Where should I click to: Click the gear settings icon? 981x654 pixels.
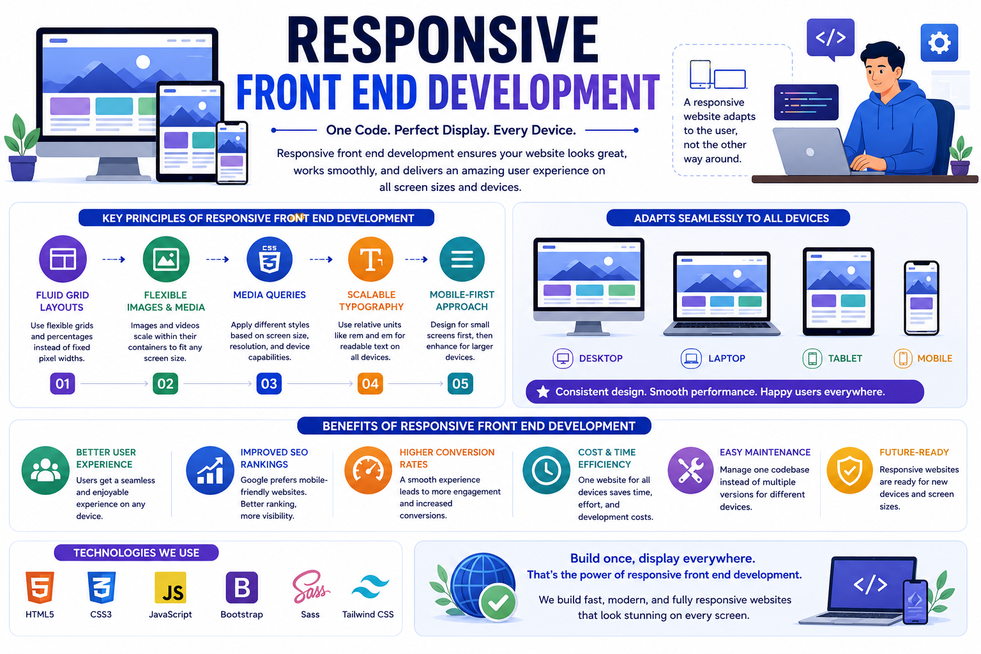(939, 43)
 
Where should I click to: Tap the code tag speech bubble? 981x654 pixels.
(830, 38)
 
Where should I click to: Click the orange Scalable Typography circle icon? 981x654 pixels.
(370, 259)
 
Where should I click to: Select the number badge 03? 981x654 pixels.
(269, 384)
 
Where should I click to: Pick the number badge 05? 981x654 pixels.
(460, 384)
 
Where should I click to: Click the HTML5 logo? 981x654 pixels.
(40, 588)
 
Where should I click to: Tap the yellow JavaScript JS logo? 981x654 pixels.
(171, 588)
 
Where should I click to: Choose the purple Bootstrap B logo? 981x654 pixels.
(242, 588)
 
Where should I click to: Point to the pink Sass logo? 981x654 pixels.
(310, 587)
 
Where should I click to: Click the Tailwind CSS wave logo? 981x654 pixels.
(370, 587)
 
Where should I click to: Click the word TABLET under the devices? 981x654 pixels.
(845, 358)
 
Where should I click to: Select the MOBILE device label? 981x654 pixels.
(934, 358)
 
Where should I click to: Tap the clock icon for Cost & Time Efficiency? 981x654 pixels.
(546, 471)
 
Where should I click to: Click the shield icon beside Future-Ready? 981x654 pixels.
(849, 471)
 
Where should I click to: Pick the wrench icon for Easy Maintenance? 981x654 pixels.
(690, 471)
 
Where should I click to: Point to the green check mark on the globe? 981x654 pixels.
(498, 603)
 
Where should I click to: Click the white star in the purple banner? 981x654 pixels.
(543, 392)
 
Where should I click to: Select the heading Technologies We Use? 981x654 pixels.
(136, 553)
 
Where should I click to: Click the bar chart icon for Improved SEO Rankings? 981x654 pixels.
(209, 471)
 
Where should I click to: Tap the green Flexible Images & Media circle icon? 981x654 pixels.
(166, 259)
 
